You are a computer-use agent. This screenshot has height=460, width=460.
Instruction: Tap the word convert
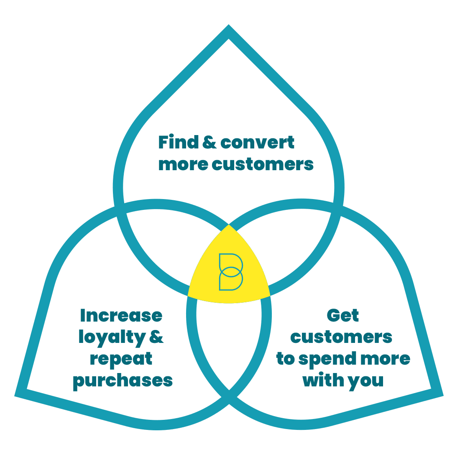257,143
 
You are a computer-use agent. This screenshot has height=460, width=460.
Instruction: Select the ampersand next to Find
210,142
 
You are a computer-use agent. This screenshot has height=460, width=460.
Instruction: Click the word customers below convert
263,164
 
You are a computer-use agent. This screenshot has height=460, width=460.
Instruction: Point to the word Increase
121,316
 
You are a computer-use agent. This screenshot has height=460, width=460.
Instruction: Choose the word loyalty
112,337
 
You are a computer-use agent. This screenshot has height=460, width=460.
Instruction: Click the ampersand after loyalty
156,337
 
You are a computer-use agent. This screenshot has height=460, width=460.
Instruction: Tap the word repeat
121,359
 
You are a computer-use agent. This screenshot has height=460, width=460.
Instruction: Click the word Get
342,315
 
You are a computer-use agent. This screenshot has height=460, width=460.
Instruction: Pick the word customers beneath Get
341,337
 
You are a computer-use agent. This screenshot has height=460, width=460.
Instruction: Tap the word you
366,381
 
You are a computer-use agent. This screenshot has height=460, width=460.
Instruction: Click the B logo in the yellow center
231,272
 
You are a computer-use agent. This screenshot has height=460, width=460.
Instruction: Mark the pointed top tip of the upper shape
228,25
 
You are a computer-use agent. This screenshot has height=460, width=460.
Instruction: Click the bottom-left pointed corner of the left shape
15,396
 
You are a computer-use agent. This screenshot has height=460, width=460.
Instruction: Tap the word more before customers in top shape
183,164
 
